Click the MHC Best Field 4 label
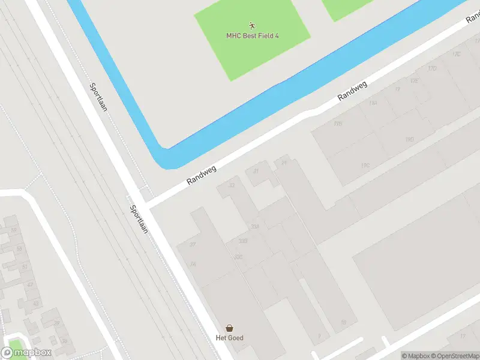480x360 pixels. click(252, 36)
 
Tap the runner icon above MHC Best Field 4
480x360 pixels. click(252, 26)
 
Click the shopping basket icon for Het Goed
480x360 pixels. click(229, 328)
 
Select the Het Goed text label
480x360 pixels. click(229, 338)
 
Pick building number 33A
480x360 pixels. click(255, 227)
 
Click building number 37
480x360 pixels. click(193, 244)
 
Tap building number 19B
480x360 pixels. click(338, 124)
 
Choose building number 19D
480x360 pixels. click(410, 139)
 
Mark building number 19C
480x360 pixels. click(365, 165)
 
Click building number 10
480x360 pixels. click(343, 322)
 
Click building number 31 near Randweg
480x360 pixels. click(256, 171)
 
